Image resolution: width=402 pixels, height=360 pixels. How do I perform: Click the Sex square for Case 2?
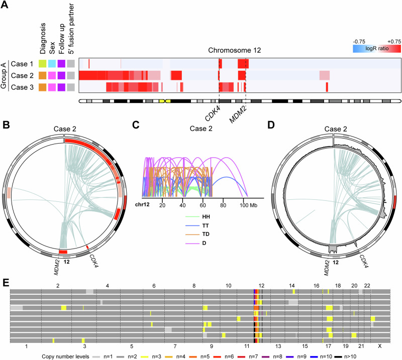(x=52, y=75)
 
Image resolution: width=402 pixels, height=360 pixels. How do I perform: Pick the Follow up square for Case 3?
(x=61, y=87)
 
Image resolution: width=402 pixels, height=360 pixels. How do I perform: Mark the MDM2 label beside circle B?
(x=56, y=260)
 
